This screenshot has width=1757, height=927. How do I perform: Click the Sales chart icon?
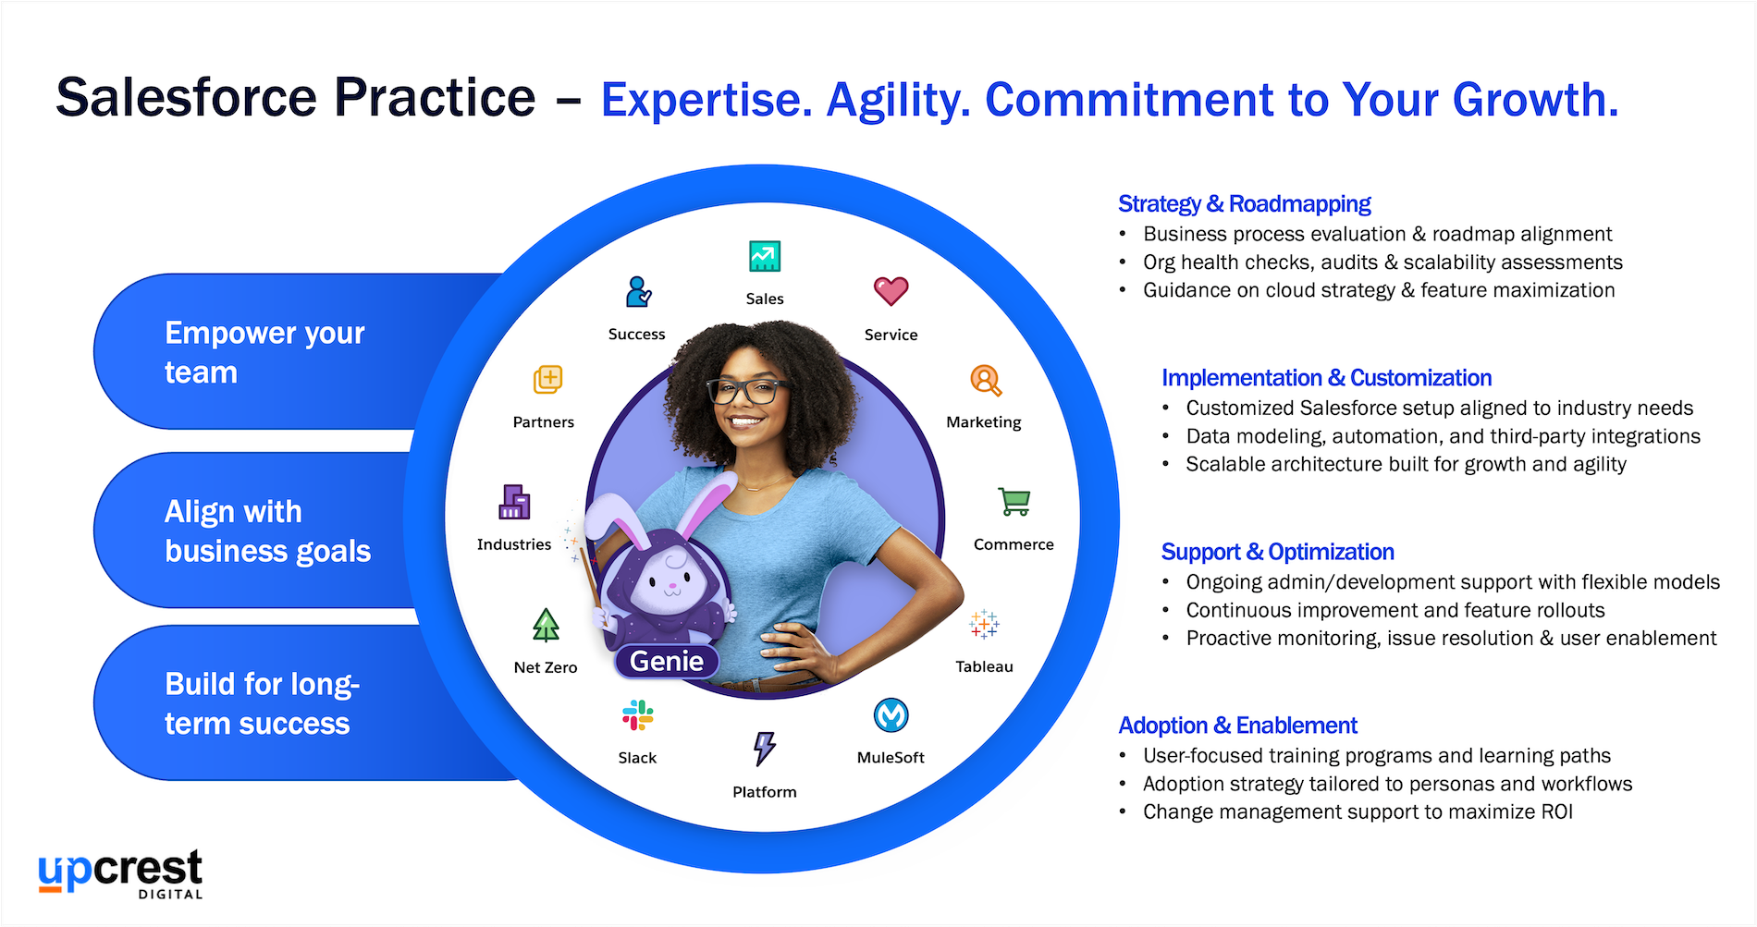pyautogui.click(x=765, y=256)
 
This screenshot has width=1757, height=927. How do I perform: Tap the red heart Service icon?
pyautogui.click(x=891, y=291)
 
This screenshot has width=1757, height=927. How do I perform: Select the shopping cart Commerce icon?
pyautogui.click(x=1014, y=502)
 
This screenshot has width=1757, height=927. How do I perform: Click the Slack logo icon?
pyautogui.click(x=638, y=715)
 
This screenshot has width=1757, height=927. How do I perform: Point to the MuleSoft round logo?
pyautogui.click(x=891, y=715)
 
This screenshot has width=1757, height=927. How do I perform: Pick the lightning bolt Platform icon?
pyautogui.click(x=765, y=749)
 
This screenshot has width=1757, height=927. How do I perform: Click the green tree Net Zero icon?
pyautogui.click(x=547, y=625)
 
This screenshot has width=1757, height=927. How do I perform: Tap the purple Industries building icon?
pyautogui.click(x=515, y=502)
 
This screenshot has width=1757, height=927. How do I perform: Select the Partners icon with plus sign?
pyautogui.click(x=548, y=379)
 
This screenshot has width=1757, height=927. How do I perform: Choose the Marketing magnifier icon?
pyautogui.click(x=986, y=380)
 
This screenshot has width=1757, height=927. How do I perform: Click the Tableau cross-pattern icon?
pyautogui.click(x=984, y=625)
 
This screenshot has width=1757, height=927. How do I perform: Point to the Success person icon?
pyautogui.click(x=638, y=292)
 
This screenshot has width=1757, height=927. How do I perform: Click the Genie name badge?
pyautogui.click(x=667, y=661)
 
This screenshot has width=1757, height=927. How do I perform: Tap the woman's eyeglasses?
pyautogui.click(x=749, y=392)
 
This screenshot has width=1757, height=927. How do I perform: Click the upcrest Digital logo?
pyautogui.click(x=120, y=873)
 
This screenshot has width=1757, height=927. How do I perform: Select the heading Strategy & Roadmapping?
pyautogui.click(x=1244, y=203)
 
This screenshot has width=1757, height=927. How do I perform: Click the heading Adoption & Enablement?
pyautogui.click(x=1237, y=726)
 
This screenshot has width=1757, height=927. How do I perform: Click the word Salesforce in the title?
pyautogui.click(x=186, y=98)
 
